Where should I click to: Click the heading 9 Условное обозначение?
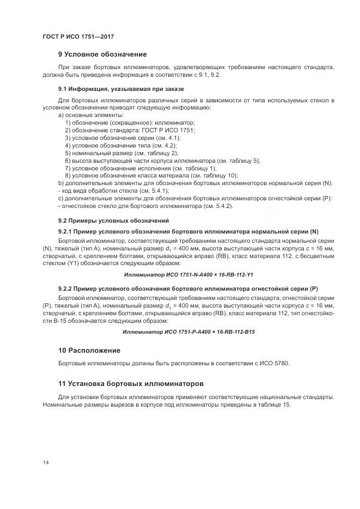(103, 54)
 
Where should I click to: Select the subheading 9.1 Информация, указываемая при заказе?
(121, 88)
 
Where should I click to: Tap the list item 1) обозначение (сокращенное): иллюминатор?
(130, 123)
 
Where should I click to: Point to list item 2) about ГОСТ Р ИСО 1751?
(130, 131)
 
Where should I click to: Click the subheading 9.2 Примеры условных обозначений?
(114, 220)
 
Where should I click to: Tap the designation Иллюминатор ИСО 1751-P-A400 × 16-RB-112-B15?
(189, 331)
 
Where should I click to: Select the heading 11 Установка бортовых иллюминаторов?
(131, 384)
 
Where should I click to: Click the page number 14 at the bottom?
(46, 463)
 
